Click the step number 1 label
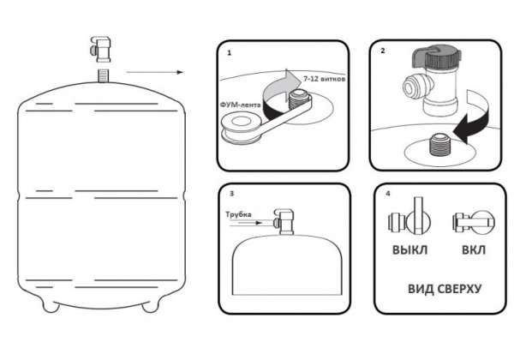click(x=229, y=53)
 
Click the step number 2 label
click(x=383, y=51)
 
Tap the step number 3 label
click(x=232, y=194)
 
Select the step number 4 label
click(x=388, y=194)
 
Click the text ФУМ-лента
click(x=241, y=105)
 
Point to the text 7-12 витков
click(x=324, y=80)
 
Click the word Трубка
click(x=238, y=214)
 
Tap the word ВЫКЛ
click(x=409, y=250)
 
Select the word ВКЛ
click(x=474, y=250)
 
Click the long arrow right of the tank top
click(x=155, y=72)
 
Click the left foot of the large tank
click(x=51, y=304)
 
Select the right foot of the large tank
click(x=151, y=304)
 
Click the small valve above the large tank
click(x=100, y=49)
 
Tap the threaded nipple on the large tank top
click(x=104, y=75)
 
